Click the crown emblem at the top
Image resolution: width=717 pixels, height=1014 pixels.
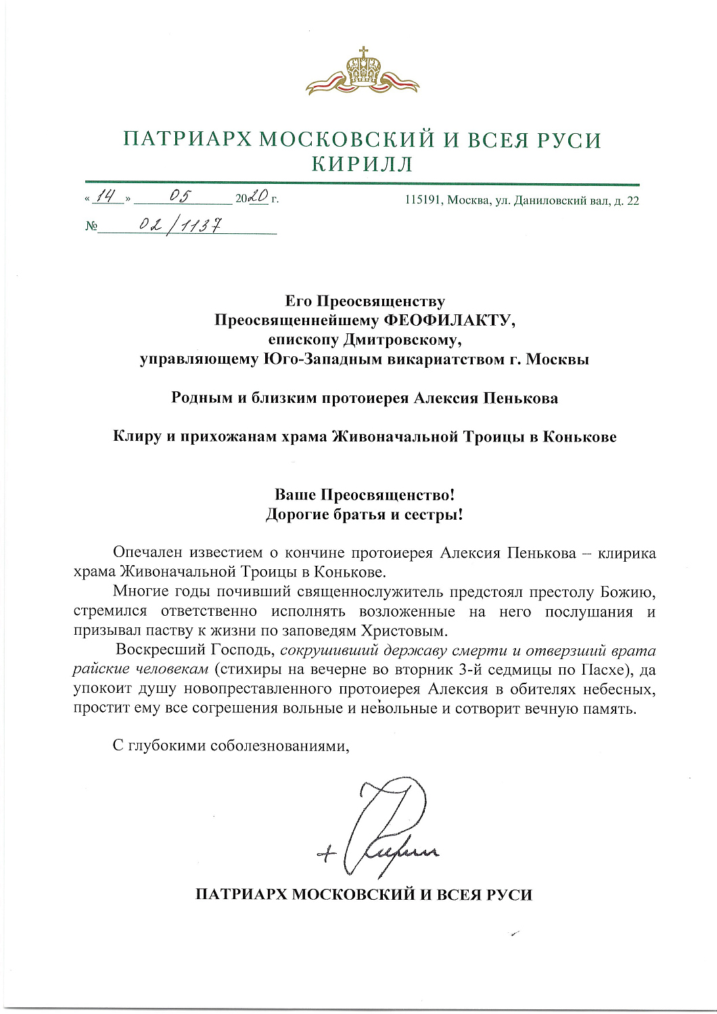click(x=363, y=70)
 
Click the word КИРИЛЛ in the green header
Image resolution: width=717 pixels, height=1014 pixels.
click(x=362, y=164)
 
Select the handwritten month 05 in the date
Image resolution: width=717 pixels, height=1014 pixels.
click(x=181, y=196)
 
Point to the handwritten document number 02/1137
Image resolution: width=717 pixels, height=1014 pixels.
click(x=180, y=224)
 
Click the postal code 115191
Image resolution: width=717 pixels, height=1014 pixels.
click(x=423, y=201)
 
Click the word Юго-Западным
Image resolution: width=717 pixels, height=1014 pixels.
click(x=322, y=359)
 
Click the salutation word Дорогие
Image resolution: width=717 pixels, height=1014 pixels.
click(x=296, y=514)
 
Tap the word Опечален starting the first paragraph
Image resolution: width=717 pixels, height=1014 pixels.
click(x=147, y=554)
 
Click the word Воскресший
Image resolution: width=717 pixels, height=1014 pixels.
click(x=160, y=650)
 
